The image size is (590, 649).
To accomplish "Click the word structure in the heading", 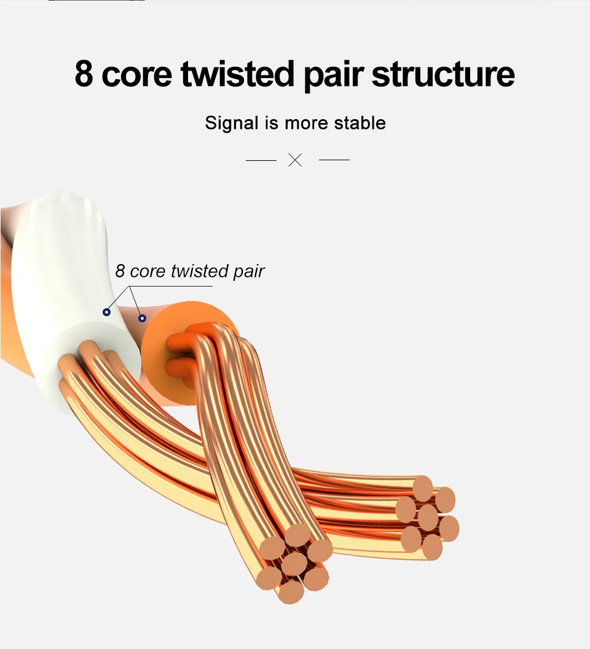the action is pyautogui.click(x=443, y=75).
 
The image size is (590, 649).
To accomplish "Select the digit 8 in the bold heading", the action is pyautogui.click(x=84, y=75).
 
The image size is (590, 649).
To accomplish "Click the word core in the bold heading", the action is pyautogui.click(x=137, y=75).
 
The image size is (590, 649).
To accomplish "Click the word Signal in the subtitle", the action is pyautogui.click(x=232, y=123).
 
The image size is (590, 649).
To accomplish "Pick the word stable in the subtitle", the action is pyautogui.click(x=360, y=123).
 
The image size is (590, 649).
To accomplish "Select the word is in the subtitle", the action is pyautogui.click(x=271, y=123).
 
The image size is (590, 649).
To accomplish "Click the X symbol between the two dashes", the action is pyautogui.click(x=296, y=160).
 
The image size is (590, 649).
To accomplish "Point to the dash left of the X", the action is pyautogui.click(x=261, y=160).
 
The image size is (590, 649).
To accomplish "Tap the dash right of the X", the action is pyautogui.click(x=334, y=160).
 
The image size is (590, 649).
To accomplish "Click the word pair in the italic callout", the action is pyautogui.click(x=249, y=271).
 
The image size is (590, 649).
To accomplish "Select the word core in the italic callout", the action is pyautogui.click(x=148, y=271).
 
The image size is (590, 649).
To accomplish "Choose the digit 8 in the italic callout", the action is pyautogui.click(x=120, y=271).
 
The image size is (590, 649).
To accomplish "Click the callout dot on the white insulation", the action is pyautogui.click(x=106, y=313).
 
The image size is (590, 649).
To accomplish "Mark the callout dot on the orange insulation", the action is pyautogui.click(x=142, y=318).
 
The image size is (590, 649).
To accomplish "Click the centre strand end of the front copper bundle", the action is pyautogui.click(x=295, y=562).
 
